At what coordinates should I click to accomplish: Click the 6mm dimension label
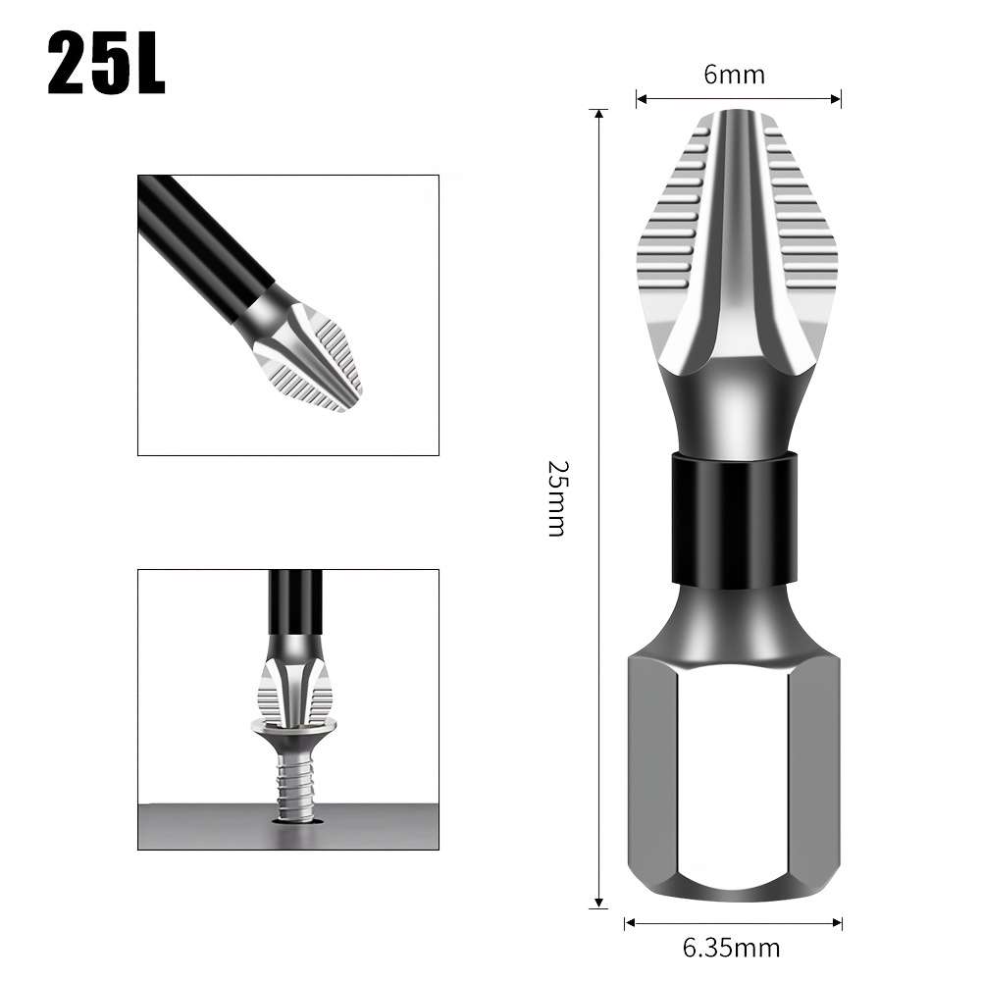tap(734, 75)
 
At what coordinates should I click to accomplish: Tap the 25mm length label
tap(555, 497)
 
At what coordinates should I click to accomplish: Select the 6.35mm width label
tap(731, 948)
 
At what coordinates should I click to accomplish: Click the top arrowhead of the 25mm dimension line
tap(598, 114)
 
